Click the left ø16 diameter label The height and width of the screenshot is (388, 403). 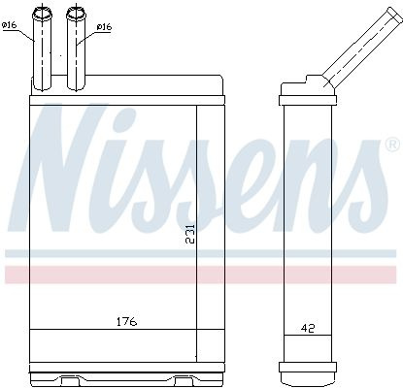click(x=9, y=25)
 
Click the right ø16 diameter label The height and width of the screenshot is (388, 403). click(x=104, y=27)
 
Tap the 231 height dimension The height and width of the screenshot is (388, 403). click(x=190, y=234)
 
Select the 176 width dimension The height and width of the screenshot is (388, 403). click(x=126, y=322)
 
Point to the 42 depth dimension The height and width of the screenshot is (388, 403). click(x=308, y=328)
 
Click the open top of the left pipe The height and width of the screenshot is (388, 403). click(x=42, y=13)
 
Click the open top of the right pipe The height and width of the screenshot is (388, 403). click(x=77, y=13)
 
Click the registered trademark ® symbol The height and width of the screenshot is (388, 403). click(x=392, y=145)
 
